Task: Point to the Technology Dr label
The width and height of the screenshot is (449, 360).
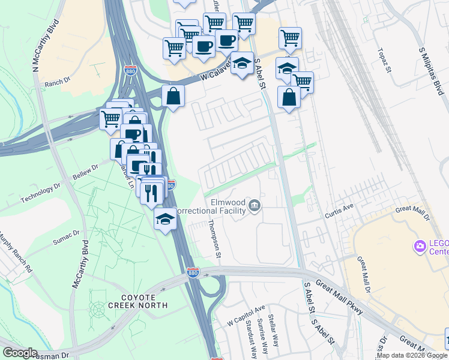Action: click(41, 193)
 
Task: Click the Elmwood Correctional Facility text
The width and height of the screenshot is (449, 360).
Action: click(228, 207)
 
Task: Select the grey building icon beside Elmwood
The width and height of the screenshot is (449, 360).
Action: click(255, 206)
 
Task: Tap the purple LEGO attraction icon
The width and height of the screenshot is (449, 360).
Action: click(420, 246)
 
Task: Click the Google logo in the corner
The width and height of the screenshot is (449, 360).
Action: click(19, 353)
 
